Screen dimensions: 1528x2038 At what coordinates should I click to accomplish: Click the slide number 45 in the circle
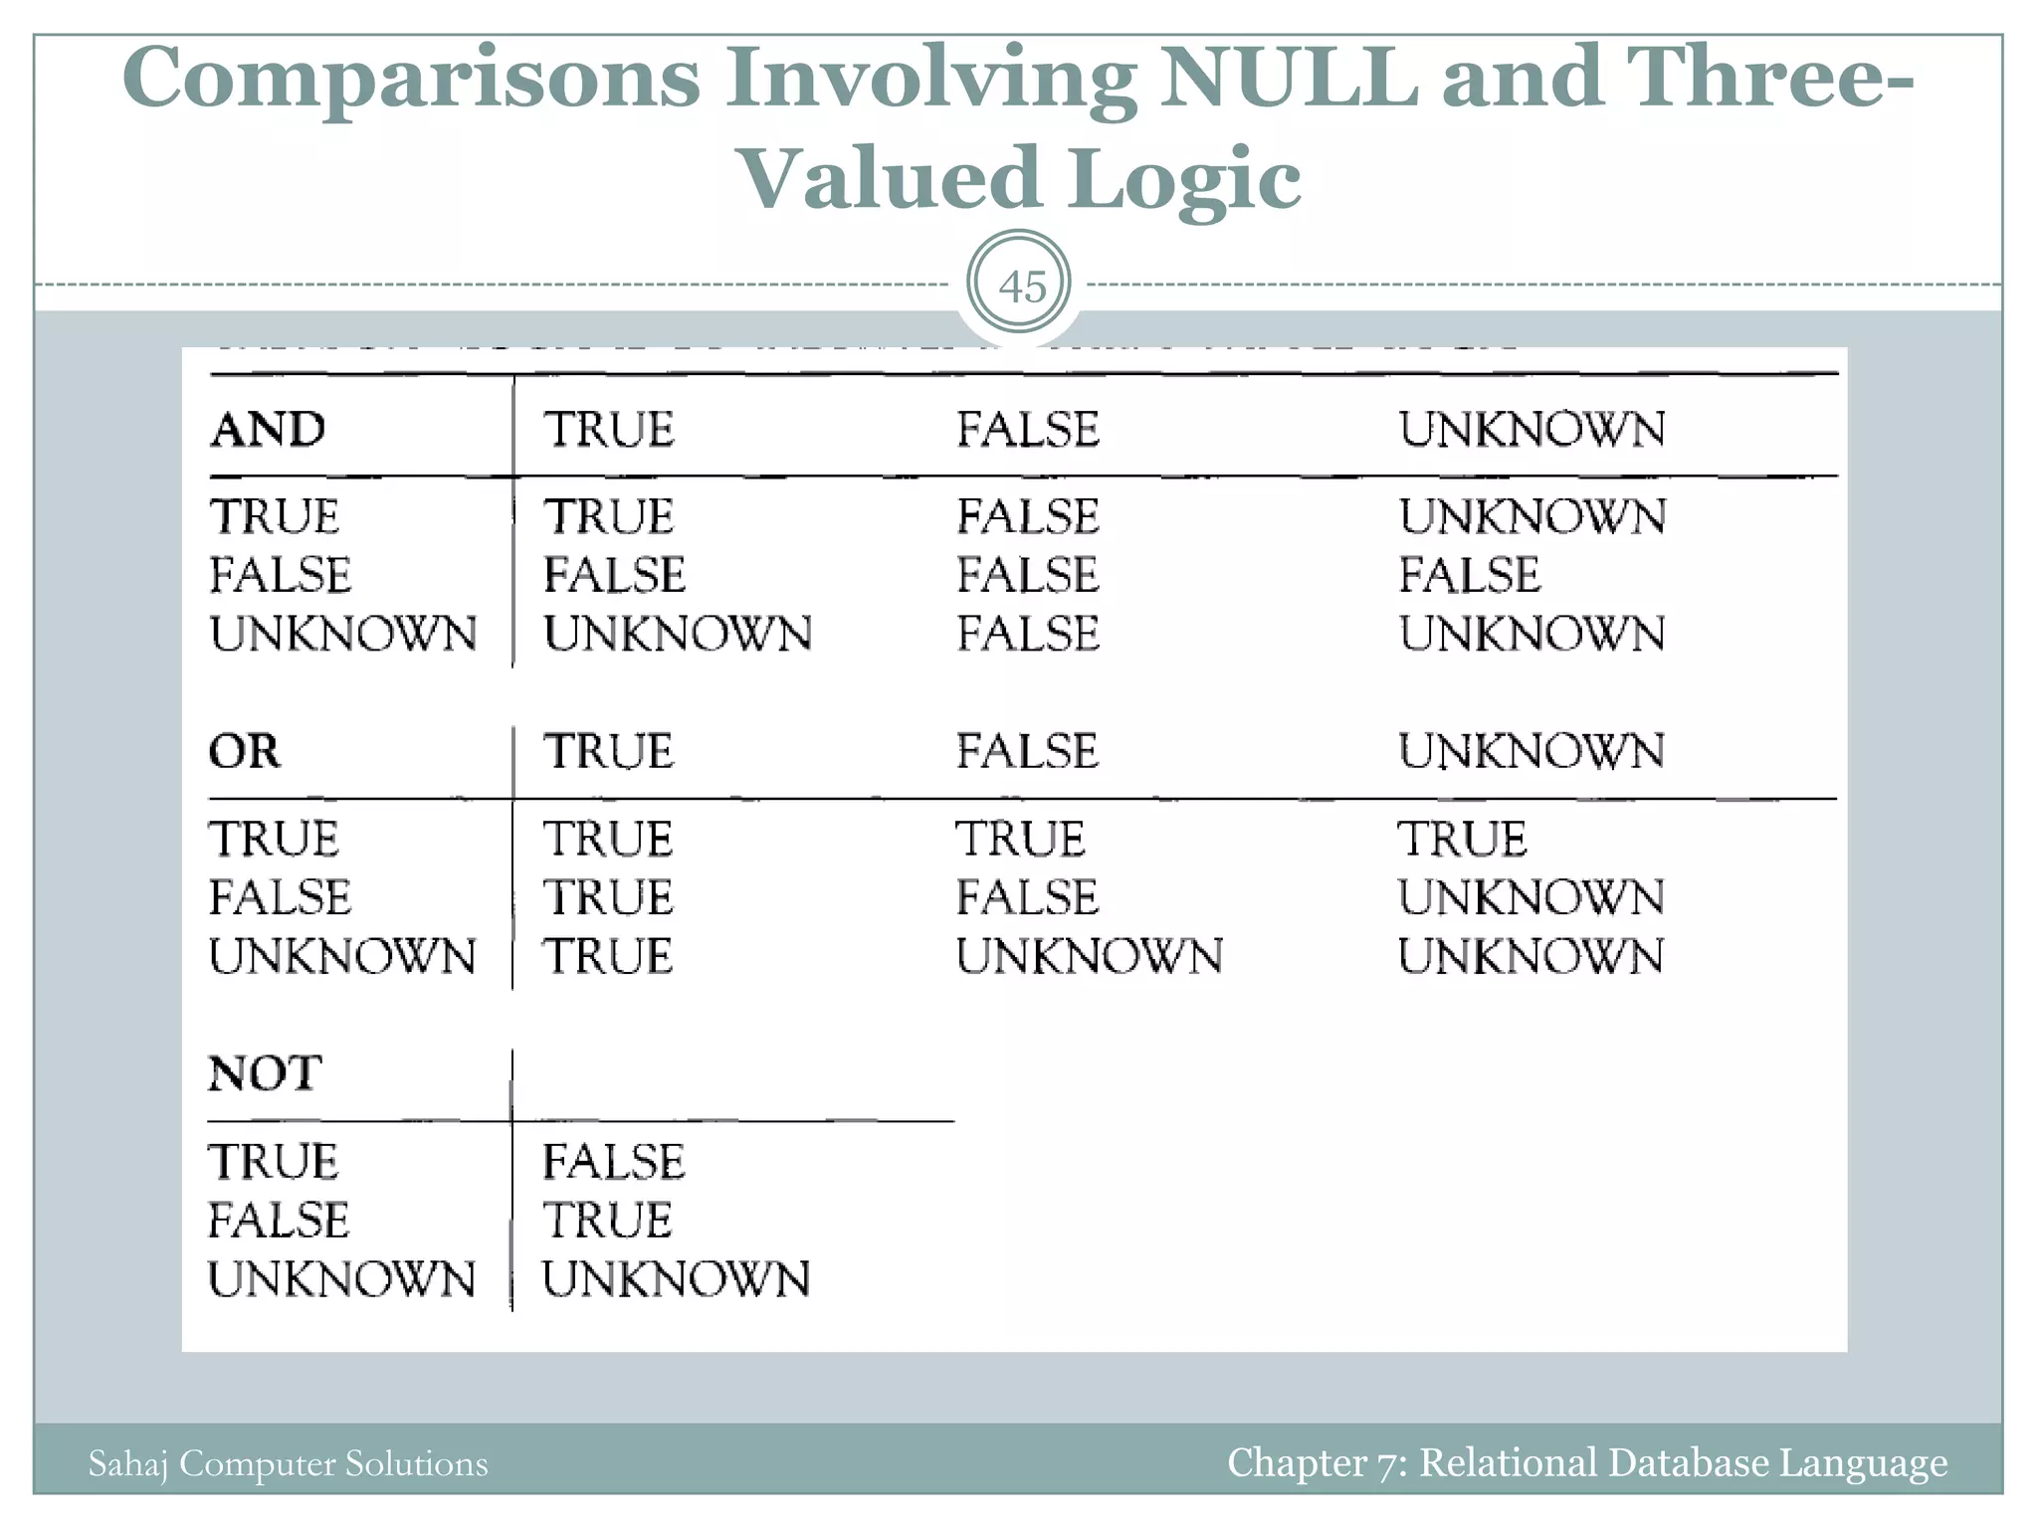tap(1021, 286)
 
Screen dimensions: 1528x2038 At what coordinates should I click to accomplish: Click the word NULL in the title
tap(1290, 78)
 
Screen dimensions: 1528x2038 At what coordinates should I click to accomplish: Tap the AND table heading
tap(268, 430)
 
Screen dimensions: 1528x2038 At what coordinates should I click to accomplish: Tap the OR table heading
tap(245, 751)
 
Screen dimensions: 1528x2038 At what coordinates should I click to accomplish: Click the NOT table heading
tap(265, 1073)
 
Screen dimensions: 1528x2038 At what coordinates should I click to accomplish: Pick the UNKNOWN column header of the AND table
tap(1531, 430)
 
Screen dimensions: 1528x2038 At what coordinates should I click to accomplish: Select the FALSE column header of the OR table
tap(1027, 751)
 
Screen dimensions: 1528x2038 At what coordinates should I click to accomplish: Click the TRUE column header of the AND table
tap(609, 430)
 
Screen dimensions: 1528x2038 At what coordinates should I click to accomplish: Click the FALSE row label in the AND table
tap(281, 575)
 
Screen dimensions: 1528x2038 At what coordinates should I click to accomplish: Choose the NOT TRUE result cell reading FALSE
tap(614, 1162)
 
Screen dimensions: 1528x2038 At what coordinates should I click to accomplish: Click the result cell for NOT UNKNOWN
tap(677, 1279)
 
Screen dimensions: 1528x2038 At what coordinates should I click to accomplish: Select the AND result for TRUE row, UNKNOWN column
tap(1531, 517)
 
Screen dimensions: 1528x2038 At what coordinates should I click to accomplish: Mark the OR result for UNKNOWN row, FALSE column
tap(1090, 956)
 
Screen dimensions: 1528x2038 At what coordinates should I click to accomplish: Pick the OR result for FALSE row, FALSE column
tap(1027, 897)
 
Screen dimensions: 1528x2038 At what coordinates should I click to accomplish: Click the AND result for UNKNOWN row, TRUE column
tap(678, 634)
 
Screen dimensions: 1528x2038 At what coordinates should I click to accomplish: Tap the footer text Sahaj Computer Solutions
tap(289, 1463)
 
